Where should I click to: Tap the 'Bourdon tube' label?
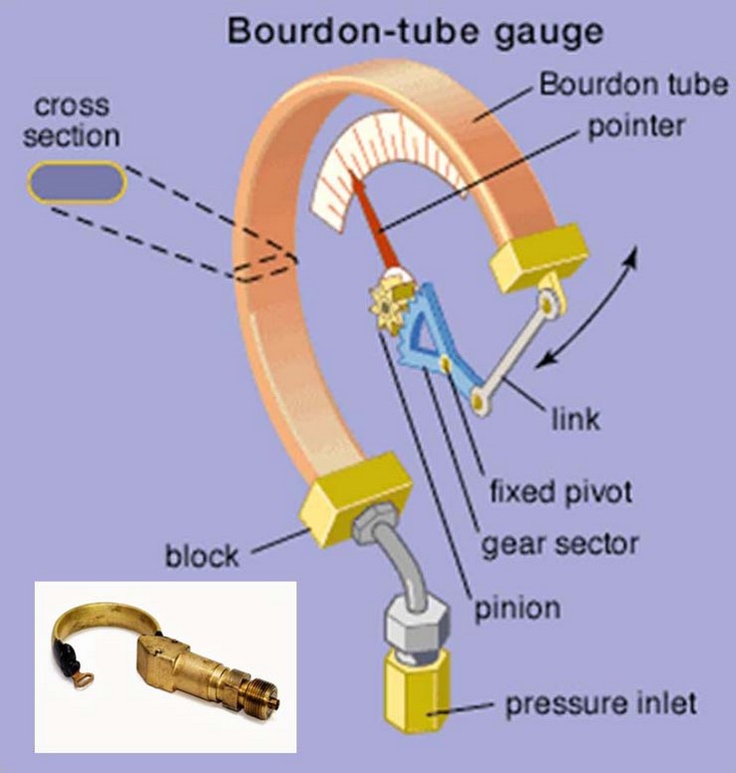point(633,84)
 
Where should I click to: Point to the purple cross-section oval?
point(77,183)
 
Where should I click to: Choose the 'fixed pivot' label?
point(561,491)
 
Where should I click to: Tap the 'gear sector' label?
point(559,544)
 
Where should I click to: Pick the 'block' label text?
point(202,555)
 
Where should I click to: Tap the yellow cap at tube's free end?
point(538,257)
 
